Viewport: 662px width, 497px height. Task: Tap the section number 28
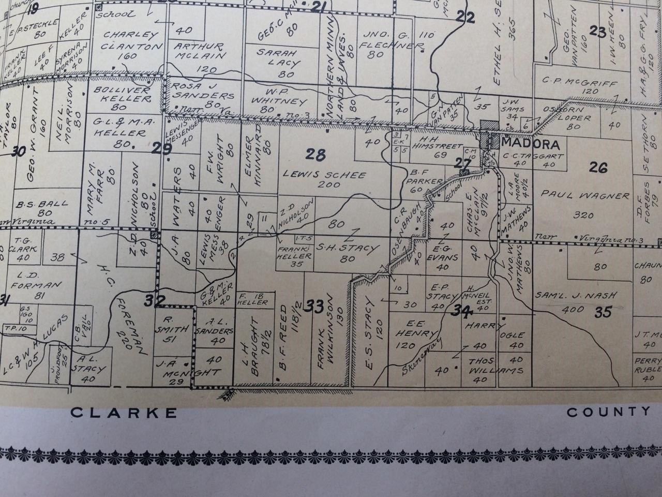coord(317,154)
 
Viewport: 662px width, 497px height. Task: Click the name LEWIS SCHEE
coord(324,176)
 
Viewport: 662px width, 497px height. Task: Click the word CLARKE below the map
coord(124,413)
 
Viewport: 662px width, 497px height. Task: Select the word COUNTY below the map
coord(609,412)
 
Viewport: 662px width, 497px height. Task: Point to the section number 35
coord(603,312)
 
